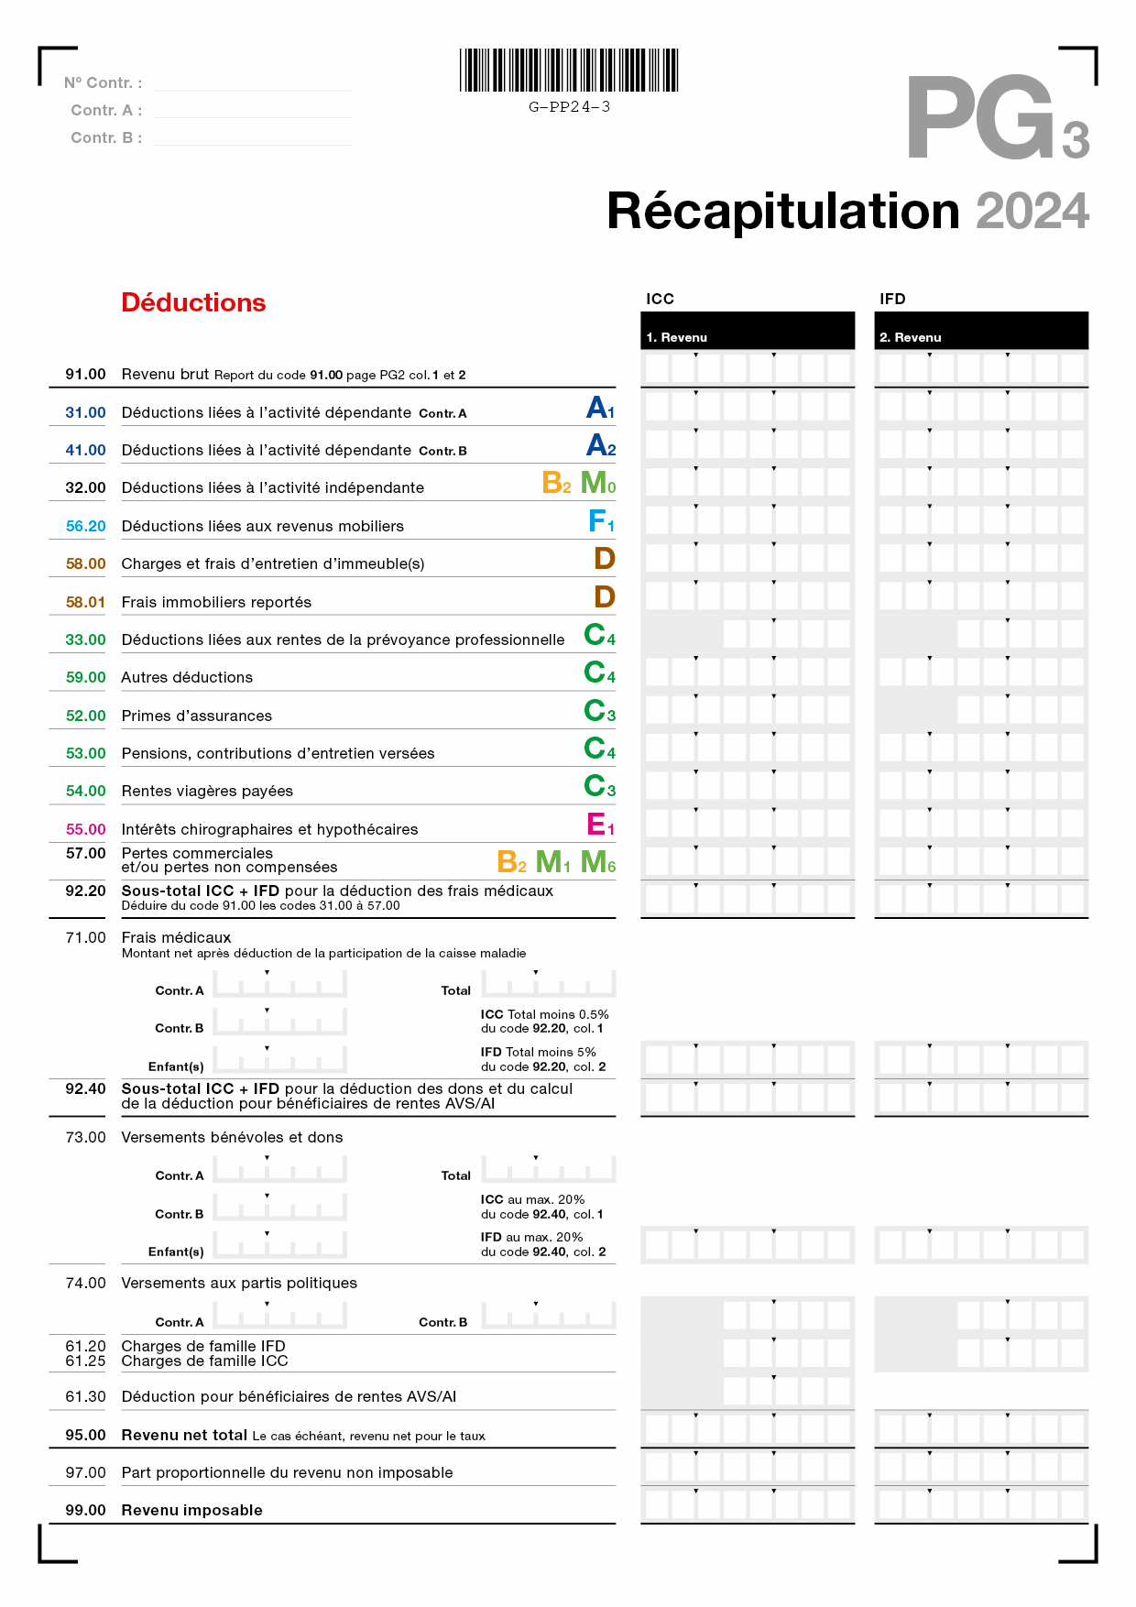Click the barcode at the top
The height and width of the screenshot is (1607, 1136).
569,71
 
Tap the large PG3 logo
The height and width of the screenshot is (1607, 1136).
997,119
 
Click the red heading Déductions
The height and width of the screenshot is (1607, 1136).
193,303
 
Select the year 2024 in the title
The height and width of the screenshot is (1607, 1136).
1032,212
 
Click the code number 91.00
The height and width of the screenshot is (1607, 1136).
85,374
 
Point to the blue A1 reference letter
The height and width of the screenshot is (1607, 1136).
600,408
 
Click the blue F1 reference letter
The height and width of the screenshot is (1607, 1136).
601,521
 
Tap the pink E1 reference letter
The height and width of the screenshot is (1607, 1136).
600,825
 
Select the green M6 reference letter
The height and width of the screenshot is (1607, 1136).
598,862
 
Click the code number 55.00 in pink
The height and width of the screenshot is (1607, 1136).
85,829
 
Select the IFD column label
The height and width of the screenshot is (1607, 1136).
892,299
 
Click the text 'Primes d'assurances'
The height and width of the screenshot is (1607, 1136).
197,716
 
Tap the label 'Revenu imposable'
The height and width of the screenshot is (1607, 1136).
191,1510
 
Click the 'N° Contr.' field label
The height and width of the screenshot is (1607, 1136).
103,82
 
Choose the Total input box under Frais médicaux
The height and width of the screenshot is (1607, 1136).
549,985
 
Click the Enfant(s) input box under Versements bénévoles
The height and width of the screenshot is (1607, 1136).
280,1245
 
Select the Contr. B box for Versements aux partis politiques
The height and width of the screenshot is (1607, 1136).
549,1317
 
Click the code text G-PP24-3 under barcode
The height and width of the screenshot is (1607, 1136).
569,107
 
